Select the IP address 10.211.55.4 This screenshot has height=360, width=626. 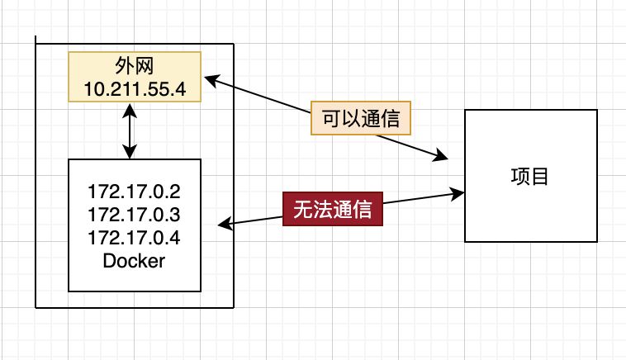135,88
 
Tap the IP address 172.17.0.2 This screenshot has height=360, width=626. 134,192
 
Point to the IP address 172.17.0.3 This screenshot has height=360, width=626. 134,215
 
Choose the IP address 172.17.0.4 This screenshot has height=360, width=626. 134,238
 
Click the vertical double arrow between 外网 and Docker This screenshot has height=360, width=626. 130,130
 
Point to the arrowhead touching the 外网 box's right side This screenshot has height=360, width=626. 210,79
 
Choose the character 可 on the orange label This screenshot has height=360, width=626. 330,118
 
